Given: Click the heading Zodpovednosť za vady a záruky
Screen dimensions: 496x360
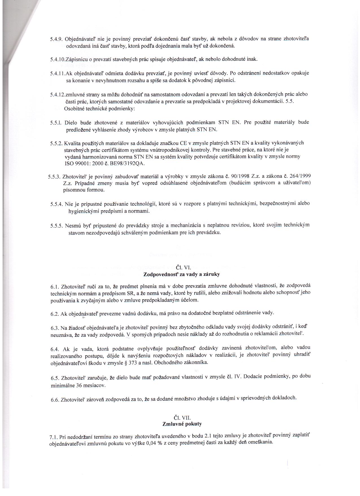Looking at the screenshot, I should coord(182,274).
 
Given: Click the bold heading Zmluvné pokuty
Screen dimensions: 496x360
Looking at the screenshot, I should coord(182,424).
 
